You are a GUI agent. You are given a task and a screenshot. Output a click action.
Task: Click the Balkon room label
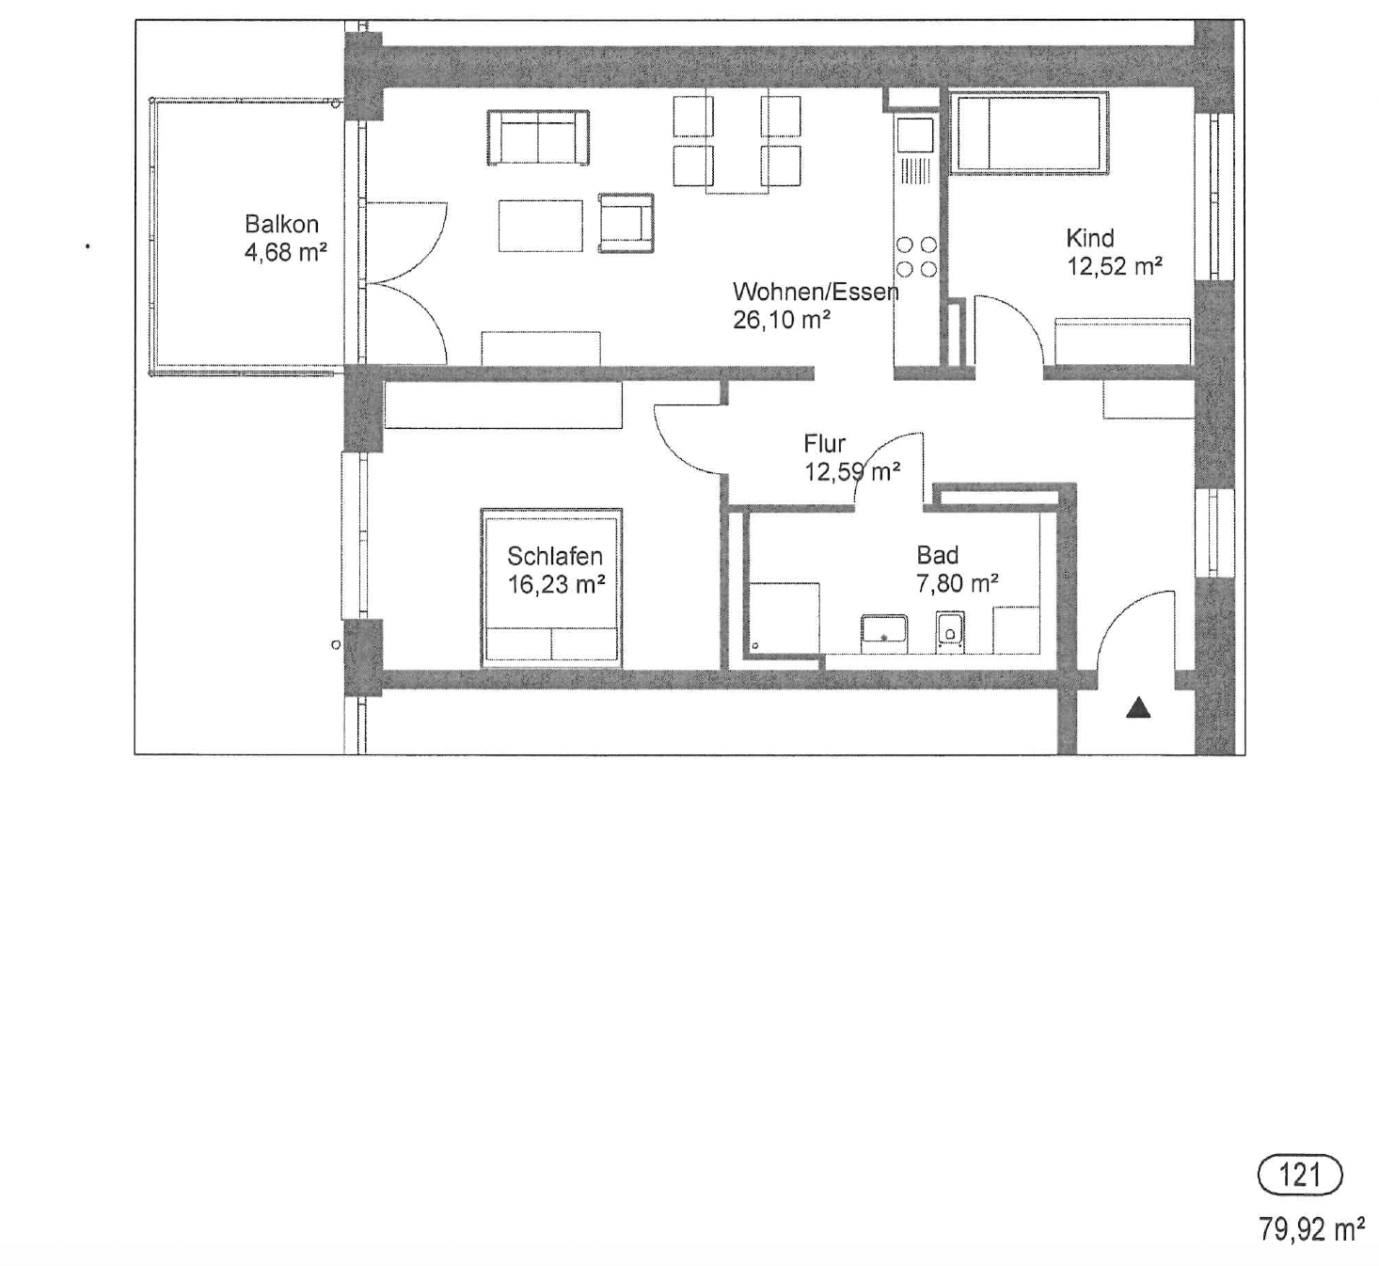click(x=281, y=224)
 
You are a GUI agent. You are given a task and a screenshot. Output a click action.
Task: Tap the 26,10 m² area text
click(x=782, y=320)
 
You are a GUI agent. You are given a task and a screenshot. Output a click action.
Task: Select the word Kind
click(x=1089, y=238)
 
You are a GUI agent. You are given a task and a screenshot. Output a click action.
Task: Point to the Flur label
click(x=824, y=444)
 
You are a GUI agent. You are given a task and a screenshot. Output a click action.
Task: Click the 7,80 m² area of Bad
click(x=957, y=583)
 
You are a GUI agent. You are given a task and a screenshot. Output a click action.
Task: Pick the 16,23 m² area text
click(x=556, y=584)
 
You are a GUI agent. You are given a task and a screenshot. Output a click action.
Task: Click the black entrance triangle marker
click(x=1138, y=707)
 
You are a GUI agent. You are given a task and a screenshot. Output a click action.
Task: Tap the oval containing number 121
click(x=1299, y=1175)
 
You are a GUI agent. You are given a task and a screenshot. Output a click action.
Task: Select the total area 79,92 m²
click(x=1311, y=1229)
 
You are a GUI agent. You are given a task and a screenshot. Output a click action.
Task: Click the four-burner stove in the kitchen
click(x=916, y=257)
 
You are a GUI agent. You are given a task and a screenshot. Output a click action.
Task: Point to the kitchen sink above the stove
click(x=915, y=135)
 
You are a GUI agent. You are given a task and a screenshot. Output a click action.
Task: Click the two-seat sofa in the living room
click(x=538, y=137)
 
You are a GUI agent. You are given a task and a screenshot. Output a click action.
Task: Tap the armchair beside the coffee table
click(x=626, y=223)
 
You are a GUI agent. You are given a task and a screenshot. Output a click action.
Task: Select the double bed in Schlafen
click(x=551, y=587)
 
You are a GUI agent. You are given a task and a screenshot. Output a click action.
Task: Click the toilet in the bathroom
click(x=949, y=630)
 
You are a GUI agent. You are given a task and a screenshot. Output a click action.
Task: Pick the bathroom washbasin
click(x=884, y=634)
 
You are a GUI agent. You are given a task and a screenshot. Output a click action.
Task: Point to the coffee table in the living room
click(x=540, y=226)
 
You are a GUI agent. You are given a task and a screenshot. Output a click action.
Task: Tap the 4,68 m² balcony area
click(x=285, y=252)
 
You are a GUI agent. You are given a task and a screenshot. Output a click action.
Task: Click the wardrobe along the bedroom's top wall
click(x=503, y=405)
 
